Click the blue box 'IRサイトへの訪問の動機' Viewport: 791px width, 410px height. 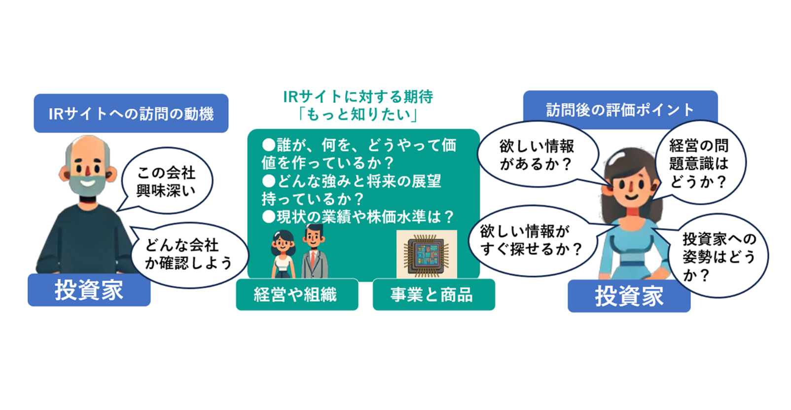point(131,113)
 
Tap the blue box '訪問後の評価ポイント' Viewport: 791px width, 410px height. point(620,110)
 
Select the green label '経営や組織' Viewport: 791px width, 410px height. point(296,295)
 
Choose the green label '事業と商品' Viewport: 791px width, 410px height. point(433,295)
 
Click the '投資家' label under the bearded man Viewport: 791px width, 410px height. point(89,290)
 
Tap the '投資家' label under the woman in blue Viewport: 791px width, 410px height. point(629,296)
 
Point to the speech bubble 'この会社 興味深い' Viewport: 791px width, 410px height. point(166,181)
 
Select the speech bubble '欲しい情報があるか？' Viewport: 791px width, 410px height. point(537,154)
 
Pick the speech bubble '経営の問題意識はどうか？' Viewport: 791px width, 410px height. point(699,163)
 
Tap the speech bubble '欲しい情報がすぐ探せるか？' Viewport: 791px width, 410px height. point(530,240)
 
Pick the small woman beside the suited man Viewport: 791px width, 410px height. point(283,254)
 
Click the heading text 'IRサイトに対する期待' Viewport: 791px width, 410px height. point(358,96)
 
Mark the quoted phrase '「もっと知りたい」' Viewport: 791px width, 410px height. point(358,114)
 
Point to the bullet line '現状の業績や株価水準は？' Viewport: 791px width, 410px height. point(360,217)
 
